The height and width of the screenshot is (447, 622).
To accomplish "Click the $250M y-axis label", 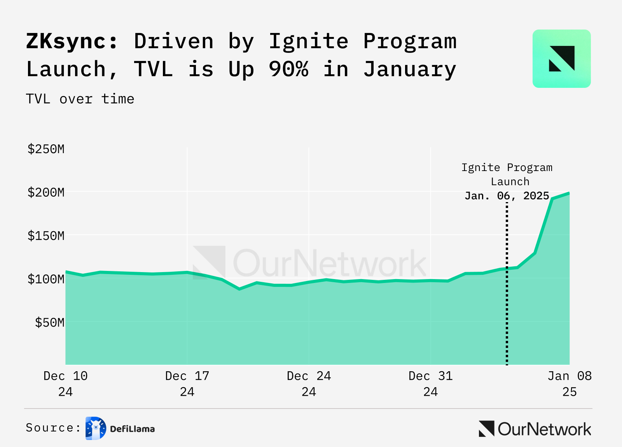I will [46, 149].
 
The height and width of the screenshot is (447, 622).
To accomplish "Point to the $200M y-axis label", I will [46, 192].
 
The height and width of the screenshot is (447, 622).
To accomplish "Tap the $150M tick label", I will [46, 236].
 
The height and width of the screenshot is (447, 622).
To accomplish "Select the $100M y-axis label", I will [46, 279].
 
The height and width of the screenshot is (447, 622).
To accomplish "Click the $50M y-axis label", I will [50, 323].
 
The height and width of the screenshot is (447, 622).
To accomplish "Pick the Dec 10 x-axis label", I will [65, 383].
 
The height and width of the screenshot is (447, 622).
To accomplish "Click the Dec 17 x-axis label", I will [187, 383].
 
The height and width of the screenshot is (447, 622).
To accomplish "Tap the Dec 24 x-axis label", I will [309, 383].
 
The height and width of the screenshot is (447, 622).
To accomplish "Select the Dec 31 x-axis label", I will [430, 383].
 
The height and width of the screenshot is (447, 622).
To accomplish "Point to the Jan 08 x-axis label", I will [570, 383].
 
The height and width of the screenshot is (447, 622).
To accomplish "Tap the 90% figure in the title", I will [288, 70].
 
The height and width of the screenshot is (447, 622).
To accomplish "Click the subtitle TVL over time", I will [80, 99].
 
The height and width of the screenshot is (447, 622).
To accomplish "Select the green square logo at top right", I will [561, 59].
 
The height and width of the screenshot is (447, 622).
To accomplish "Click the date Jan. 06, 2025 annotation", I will [507, 196].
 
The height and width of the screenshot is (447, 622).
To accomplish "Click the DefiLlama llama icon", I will [96, 428].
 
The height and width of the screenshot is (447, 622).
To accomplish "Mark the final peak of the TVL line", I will [569, 193].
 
